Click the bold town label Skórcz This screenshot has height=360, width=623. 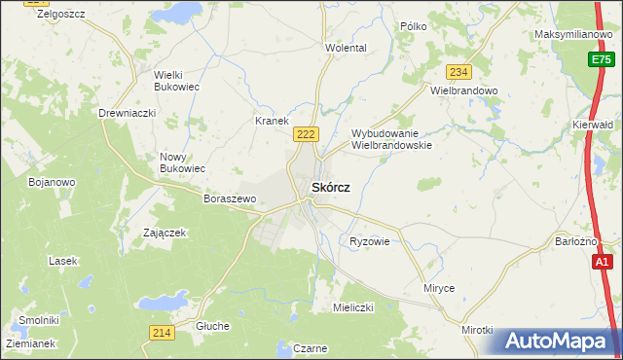[x=330, y=187]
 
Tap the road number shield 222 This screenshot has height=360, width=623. [x=306, y=133]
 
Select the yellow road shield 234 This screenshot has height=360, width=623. [x=458, y=72]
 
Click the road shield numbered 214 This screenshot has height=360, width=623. [x=162, y=333]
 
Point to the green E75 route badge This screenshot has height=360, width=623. [x=603, y=60]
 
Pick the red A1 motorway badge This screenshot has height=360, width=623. [x=603, y=262]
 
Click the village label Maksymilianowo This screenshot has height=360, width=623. [x=571, y=35]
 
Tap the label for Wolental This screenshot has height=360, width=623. [x=346, y=48]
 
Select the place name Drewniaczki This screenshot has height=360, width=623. [x=128, y=114]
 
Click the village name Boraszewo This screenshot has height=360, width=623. [x=230, y=198]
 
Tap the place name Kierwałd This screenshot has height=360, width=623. [x=593, y=126]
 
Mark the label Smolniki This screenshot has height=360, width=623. [x=39, y=320]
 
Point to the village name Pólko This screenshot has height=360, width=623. [x=413, y=26]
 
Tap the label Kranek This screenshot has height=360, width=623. [x=272, y=122]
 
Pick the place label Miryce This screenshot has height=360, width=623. [x=439, y=289]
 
